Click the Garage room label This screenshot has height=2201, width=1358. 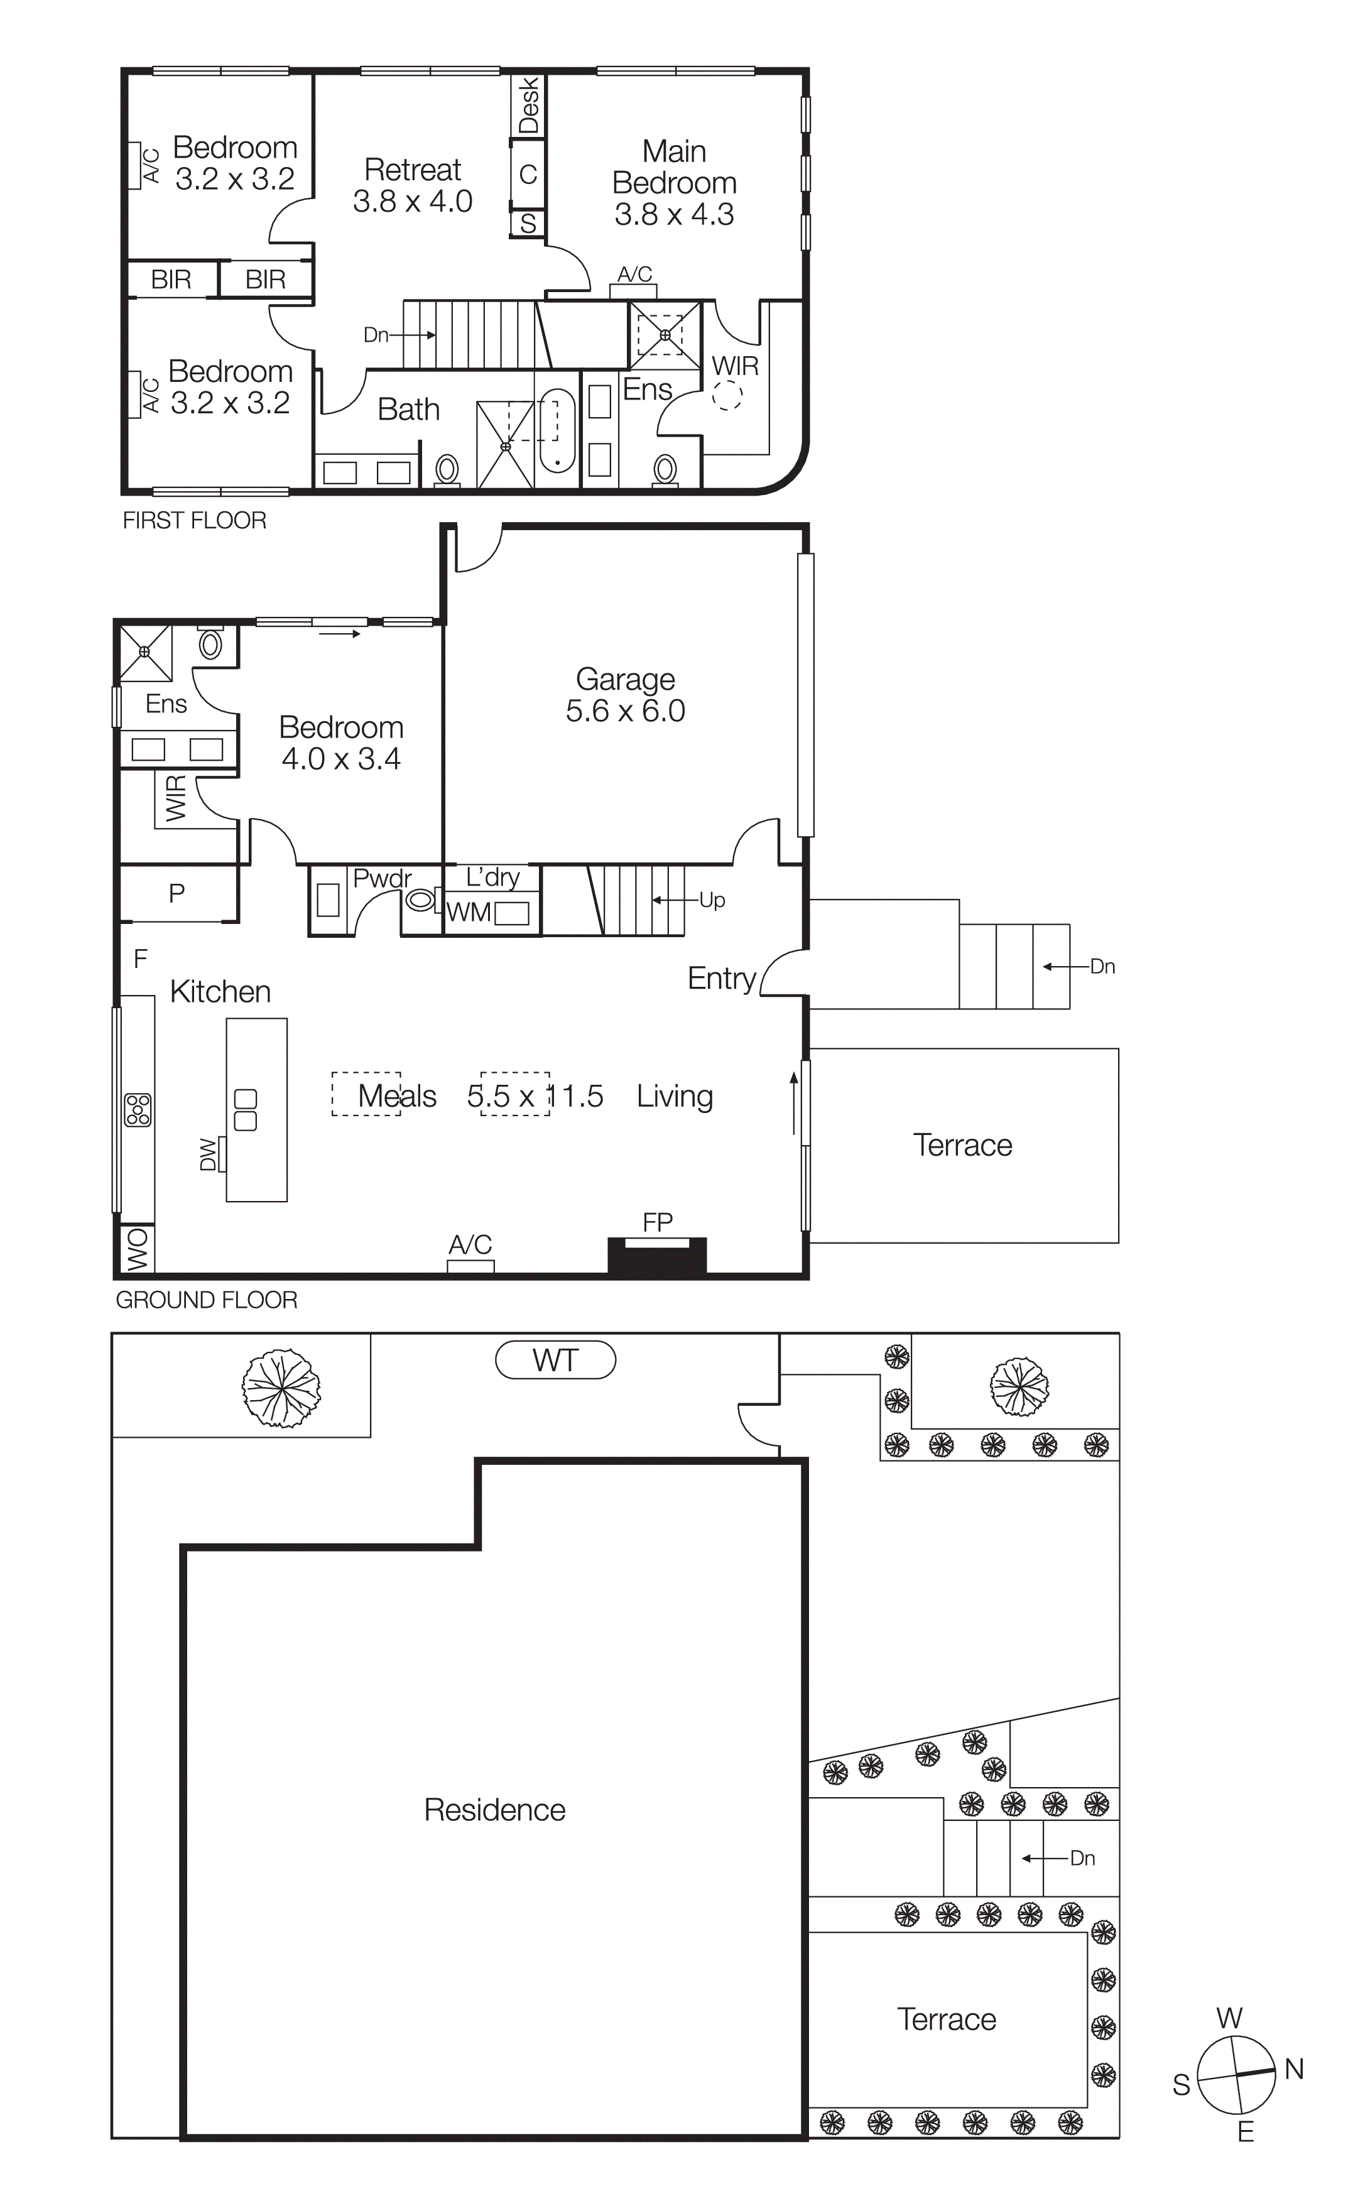point(625,680)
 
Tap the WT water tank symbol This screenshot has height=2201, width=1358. point(555,1361)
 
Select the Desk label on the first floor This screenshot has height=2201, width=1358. point(528,104)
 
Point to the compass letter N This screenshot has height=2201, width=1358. point(1293,2069)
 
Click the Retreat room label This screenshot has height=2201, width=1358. point(412,170)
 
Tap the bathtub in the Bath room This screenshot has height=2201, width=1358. point(557,431)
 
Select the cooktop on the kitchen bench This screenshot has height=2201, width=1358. point(138,1110)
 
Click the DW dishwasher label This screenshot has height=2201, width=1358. point(207,1155)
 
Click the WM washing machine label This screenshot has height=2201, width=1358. point(468,912)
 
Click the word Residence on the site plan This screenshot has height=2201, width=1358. point(495,1810)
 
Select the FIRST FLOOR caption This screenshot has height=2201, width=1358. point(194,521)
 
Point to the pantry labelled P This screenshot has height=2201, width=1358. point(177,893)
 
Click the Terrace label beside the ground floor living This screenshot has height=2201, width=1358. point(962,1145)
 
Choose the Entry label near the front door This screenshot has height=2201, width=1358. point(721,978)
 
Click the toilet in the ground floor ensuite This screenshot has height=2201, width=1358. point(210,644)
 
